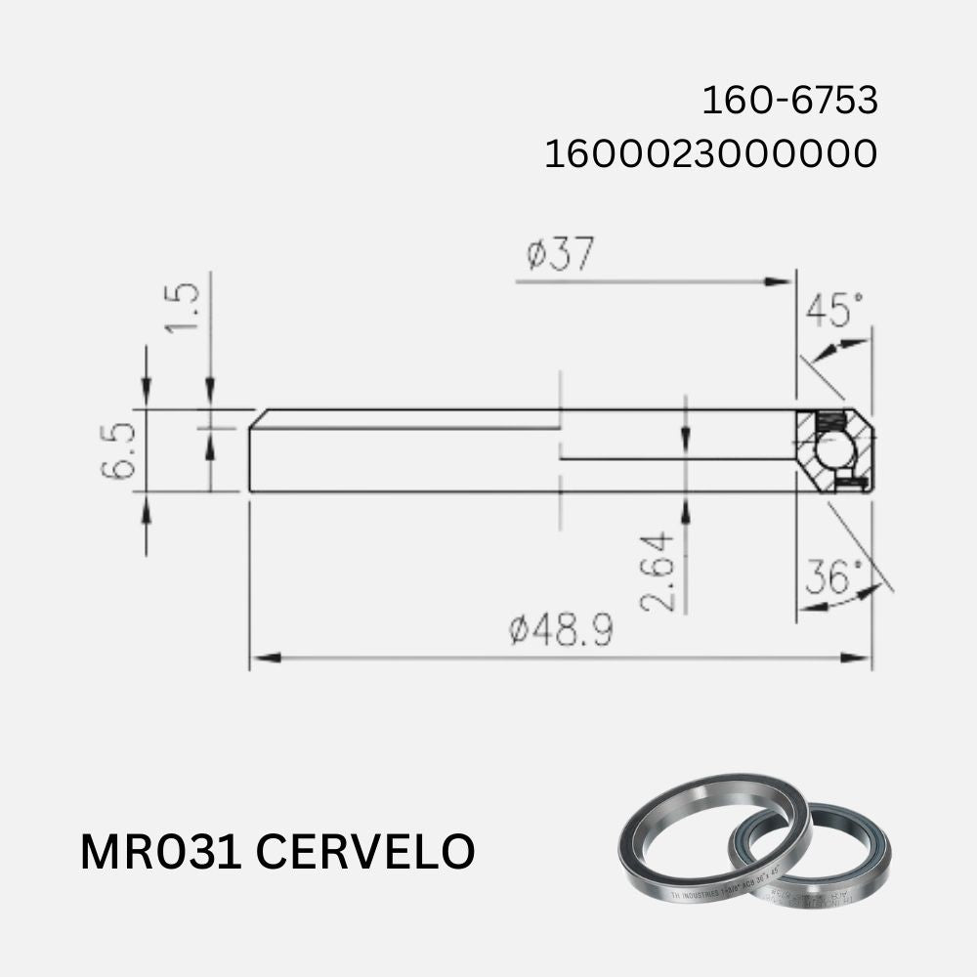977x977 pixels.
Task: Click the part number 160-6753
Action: point(789,101)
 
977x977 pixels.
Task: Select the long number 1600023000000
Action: point(710,154)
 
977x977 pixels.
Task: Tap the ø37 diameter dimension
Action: point(560,255)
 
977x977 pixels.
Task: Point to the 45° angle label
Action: point(835,312)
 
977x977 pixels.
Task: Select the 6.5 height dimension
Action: point(119,450)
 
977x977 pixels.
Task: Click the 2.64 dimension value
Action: point(658,571)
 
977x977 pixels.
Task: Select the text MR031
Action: point(160,851)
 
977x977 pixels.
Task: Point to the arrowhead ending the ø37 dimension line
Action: point(782,281)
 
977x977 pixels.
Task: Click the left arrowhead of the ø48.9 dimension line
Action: point(260,658)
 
